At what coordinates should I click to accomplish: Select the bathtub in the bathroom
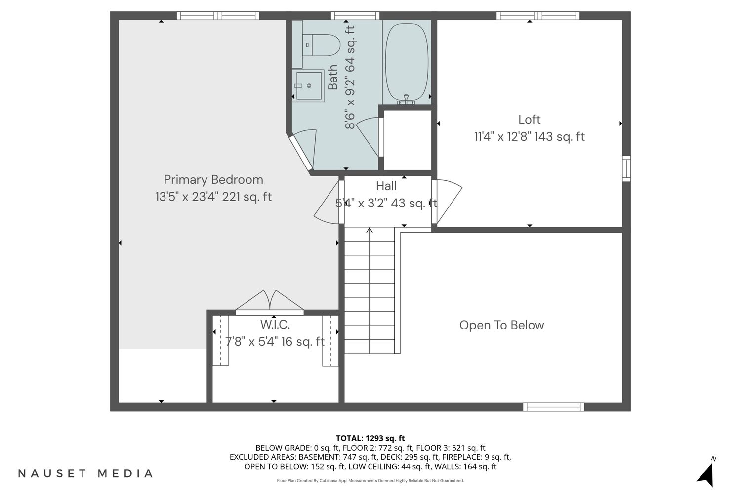407,62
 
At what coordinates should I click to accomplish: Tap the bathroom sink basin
308,85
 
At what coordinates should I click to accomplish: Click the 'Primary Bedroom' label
213,180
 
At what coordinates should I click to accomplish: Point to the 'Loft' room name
529,120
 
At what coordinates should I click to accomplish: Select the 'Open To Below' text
501,325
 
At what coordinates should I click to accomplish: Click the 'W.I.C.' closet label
275,325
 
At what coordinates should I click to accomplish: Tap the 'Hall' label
386,186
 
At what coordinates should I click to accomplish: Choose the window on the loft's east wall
626,168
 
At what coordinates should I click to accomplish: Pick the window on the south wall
553,407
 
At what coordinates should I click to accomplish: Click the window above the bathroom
355,15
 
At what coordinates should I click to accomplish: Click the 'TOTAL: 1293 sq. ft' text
370,438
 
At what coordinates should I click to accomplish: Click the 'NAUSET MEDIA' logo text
85,473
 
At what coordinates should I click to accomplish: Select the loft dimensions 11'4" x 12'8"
502,136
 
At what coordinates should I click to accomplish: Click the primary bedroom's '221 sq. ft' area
247,197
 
